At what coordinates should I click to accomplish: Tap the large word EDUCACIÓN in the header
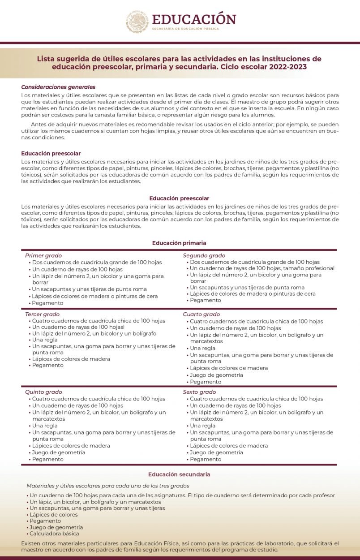[193, 19]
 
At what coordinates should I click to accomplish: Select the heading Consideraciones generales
[58, 87]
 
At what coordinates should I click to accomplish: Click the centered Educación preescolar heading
[179, 198]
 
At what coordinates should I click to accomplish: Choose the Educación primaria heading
[179, 243]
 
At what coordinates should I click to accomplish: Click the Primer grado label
[43, 255]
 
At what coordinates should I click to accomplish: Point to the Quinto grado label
[43, 392]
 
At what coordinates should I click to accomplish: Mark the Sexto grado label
[199, 392]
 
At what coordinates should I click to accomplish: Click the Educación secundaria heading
[179, 474]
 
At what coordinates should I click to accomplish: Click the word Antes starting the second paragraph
[39, 124]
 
